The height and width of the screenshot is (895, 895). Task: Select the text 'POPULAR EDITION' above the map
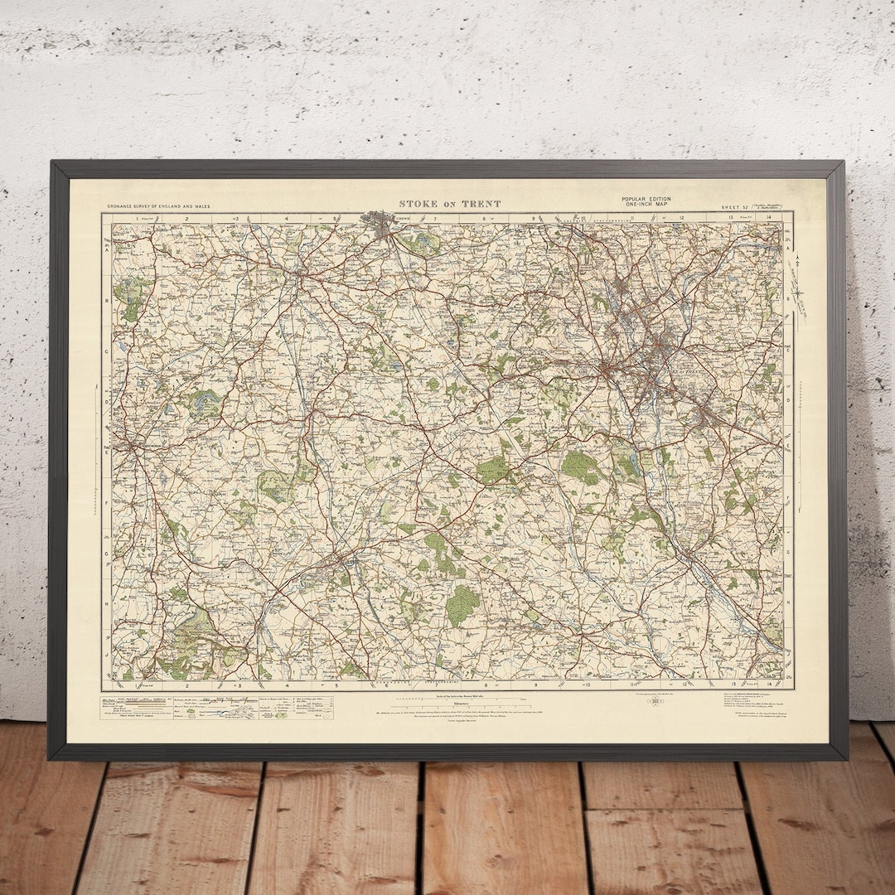click(646, 199)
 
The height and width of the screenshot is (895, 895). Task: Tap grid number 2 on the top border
click(188, 218)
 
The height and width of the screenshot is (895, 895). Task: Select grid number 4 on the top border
click(286, 218)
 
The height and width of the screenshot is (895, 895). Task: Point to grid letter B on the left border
click(107, 300)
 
